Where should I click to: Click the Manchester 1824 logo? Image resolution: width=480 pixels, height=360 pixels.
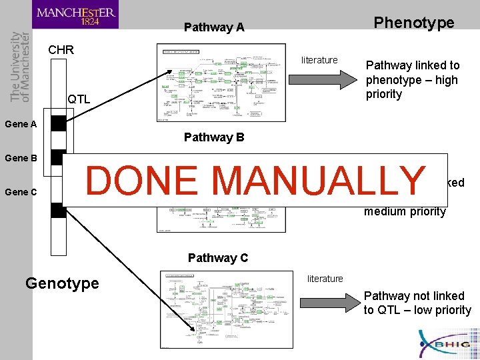[x=75, y=15]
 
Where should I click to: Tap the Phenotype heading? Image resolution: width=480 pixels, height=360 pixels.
[x=414, y=23]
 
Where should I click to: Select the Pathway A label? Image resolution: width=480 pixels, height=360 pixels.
[x=214, y=27]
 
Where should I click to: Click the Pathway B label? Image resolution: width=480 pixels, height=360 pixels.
[x=214, y=138]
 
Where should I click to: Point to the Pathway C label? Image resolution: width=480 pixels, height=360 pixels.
[x=218, y=258]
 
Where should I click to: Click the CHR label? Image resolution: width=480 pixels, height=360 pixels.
[x=61, y=50]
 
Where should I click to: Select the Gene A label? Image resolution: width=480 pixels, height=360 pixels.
[x=20, y=123]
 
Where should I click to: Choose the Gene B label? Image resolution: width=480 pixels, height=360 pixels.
[x=20, y=158]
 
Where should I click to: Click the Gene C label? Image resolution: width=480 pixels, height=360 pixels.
[x=20, y=192]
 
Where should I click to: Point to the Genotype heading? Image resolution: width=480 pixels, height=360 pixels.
[x=62, y=283]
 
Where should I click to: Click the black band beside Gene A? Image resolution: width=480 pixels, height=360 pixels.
[x=59, y=123]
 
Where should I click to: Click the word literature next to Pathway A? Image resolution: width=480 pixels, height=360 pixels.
[x=319, y=60]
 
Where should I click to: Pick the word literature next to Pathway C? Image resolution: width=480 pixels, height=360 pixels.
[x=325, y=279]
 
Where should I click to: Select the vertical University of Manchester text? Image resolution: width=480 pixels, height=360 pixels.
[x=20, y=67]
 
